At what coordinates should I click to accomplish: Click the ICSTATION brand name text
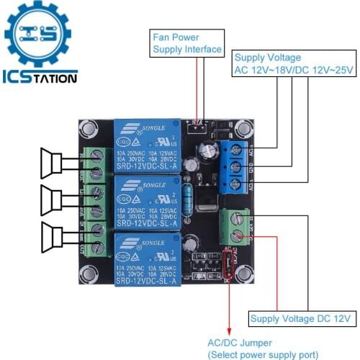coord(40,77)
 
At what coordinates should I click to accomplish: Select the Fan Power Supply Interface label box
coord(186,43)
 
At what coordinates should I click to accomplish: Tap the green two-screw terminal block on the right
coord(235,225)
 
